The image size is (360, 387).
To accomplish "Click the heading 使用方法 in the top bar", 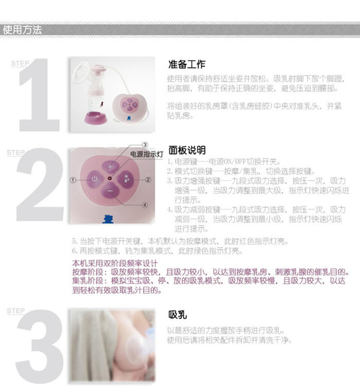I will [22, 29].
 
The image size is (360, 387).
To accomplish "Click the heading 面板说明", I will [187, 151].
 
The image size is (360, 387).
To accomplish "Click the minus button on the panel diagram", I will [109, 193].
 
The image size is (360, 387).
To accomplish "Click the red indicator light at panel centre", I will [110, 179].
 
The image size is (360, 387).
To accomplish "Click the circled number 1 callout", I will [73, 179].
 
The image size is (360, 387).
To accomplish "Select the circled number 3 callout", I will [145, 145].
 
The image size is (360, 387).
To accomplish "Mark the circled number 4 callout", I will [145, 205].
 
